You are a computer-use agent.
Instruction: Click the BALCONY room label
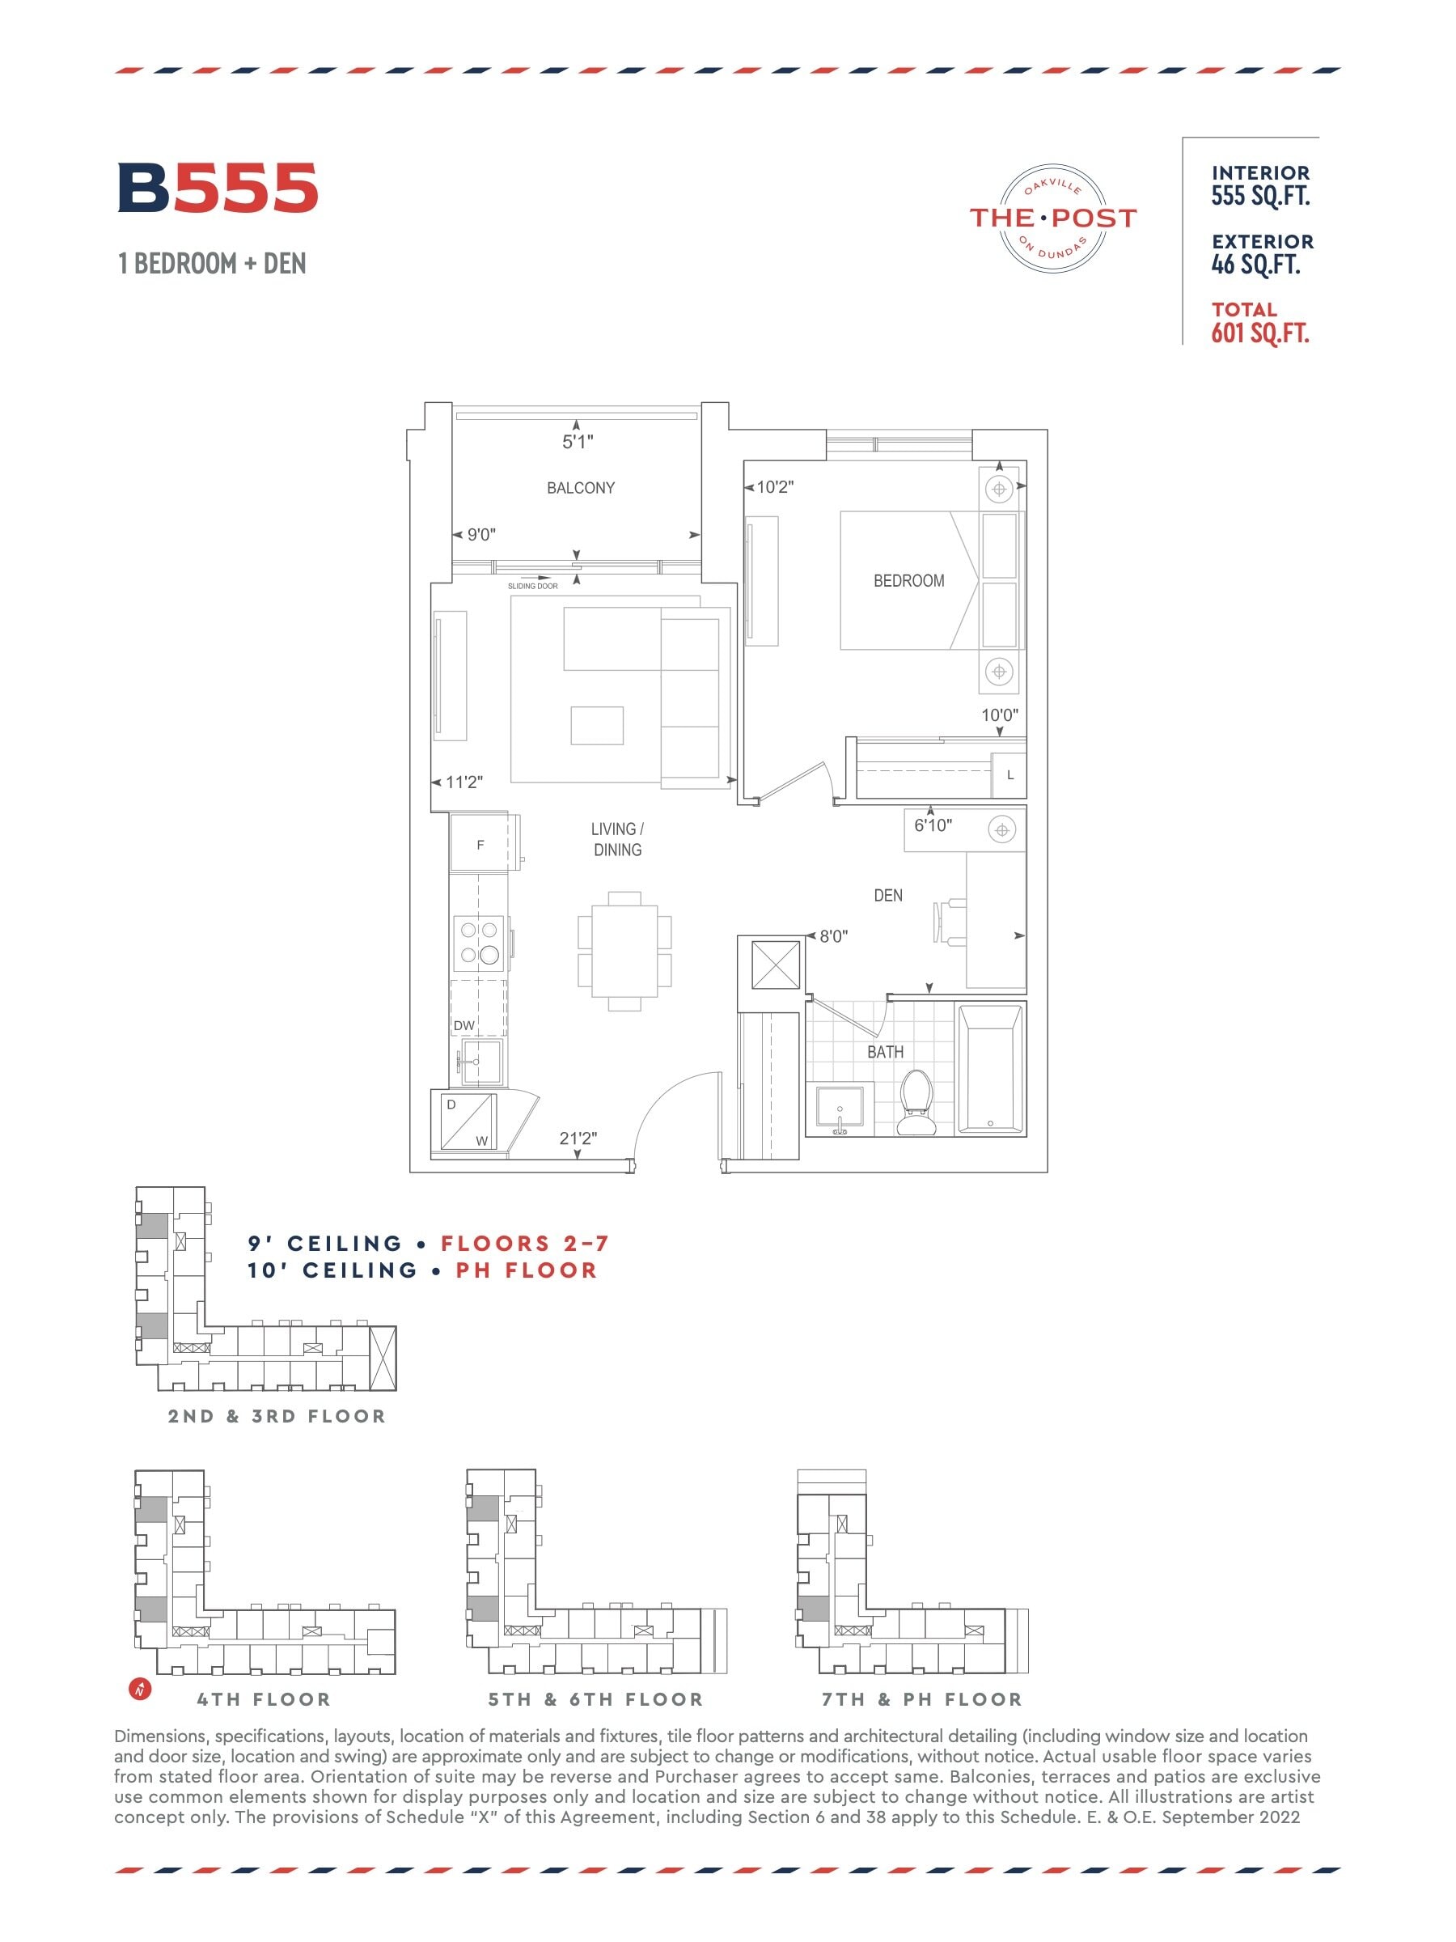580,488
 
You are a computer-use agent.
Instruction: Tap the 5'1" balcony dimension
578,442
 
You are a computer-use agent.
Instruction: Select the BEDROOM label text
908,580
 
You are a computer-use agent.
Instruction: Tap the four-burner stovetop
480,942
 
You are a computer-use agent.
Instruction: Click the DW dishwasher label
463,1025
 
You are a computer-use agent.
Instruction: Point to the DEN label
887,896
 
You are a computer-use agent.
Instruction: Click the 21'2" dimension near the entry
578,1138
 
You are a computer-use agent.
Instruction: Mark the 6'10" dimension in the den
932,825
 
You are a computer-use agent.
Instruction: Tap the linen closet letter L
1010,775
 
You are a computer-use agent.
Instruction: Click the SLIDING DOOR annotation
533,586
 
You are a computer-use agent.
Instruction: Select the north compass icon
140,1688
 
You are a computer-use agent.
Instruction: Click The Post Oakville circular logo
1052,218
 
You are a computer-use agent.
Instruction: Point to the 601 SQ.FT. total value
1260,333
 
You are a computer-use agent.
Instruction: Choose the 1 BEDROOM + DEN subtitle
213,263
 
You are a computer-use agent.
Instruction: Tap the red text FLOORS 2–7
524,1243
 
